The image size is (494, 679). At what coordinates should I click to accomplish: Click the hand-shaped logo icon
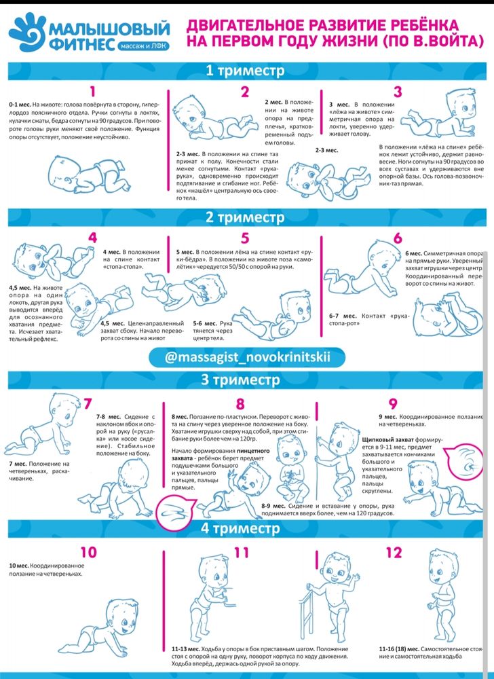[27, 33]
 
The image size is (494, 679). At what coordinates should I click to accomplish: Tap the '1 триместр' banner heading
[245, 71]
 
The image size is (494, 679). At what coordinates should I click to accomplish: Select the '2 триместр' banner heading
[245, 217]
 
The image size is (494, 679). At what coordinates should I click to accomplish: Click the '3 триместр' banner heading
[240, 380]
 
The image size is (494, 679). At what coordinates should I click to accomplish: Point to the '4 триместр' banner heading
[240, 528]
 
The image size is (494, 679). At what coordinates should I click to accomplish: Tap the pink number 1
[92, 92]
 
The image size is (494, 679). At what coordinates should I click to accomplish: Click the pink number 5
[245, 238]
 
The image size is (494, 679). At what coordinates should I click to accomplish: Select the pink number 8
[240, 404]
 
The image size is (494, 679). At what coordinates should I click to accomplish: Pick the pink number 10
[89, 552]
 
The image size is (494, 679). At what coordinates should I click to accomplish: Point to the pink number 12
[394, 552]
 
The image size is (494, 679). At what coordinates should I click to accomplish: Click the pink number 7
[88, 404]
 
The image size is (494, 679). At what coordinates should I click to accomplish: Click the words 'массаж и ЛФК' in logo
[142, 45]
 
